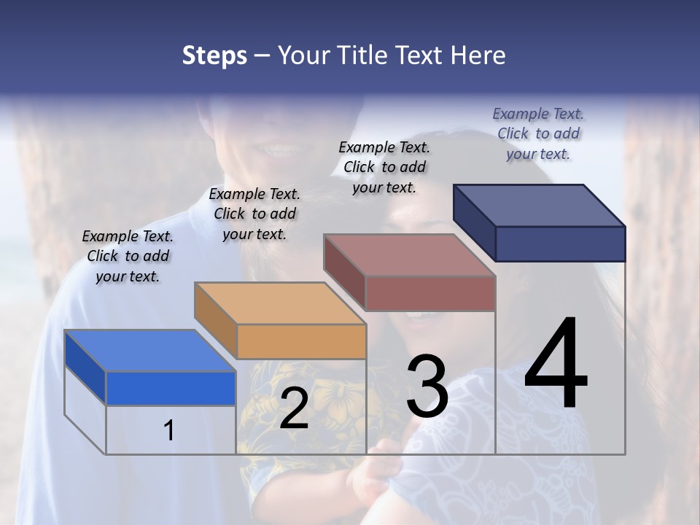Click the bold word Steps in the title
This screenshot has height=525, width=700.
(214, 55)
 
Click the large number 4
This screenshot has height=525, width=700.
(556, 365)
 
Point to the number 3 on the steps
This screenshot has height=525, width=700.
(427, 386)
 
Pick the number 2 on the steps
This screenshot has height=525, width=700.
(294, 408)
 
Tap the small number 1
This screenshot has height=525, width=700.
(169, 430)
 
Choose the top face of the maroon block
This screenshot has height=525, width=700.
(409, 255)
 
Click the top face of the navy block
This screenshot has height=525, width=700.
(539, 205)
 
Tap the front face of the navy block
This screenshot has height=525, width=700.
(560, 244)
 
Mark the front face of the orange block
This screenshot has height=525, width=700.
(301, 341)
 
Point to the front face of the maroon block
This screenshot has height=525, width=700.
(430, 293)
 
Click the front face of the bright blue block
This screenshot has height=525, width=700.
(171, 388)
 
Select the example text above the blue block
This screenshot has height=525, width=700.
(128, 256)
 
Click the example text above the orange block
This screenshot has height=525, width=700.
(254, 214)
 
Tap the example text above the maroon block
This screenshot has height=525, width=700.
(384, 167)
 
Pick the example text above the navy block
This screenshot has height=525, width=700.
(538, 133)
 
